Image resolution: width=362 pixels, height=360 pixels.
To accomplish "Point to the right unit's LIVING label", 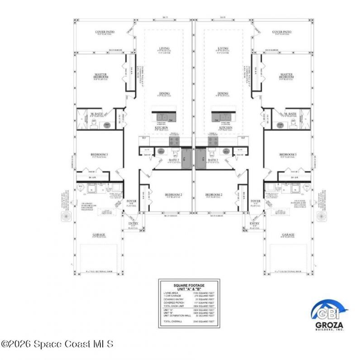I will [x=222, y=48].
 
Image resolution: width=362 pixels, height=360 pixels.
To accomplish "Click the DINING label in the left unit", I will [x=164, y=94].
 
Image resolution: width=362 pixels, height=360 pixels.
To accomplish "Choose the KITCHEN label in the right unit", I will [x=225, y=128].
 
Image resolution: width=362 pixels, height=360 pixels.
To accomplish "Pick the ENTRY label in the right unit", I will [x=254, y=223].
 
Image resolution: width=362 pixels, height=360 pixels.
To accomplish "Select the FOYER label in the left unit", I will [x=131, y=200].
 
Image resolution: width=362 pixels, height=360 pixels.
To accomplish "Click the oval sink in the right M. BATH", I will [x=280, y=125].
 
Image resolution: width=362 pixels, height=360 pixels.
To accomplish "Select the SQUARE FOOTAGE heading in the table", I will [x=189, y=286].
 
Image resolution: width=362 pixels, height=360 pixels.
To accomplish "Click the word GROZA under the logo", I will [x=330, y=325].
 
